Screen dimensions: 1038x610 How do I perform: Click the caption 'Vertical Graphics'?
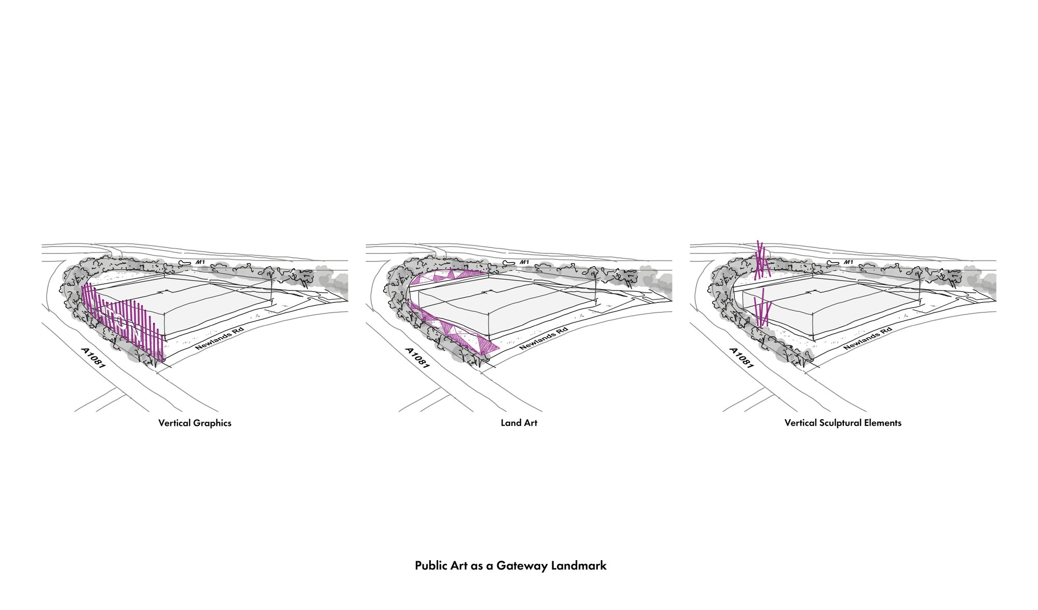[195, 423]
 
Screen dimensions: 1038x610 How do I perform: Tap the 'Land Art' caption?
[518, 423]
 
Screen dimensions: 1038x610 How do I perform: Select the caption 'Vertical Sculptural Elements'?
[843, 423]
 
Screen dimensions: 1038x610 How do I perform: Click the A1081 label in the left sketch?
[93, 358]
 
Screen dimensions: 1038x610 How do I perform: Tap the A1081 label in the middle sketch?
[417, 358]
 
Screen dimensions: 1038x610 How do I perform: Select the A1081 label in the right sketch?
[741, 358]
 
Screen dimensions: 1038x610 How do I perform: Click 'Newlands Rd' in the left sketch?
[219, 338]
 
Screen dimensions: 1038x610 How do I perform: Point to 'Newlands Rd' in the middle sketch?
[543, 338]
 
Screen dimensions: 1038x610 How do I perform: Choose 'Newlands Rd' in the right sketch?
[867, 338]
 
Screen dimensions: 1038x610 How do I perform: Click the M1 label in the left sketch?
[200, 262]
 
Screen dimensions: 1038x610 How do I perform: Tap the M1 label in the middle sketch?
[524, 262]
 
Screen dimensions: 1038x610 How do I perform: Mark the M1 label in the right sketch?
[848, 262]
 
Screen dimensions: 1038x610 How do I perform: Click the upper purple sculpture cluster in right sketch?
[761, 260]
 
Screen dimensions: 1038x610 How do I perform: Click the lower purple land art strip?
[454, 332]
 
